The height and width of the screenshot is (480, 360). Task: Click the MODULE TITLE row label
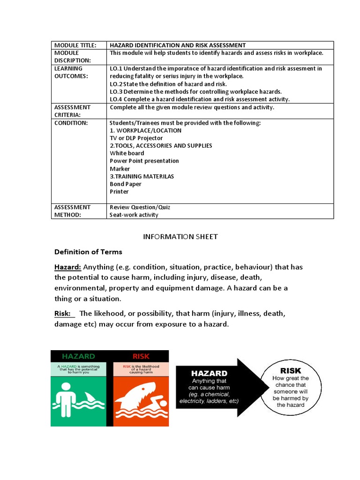75,45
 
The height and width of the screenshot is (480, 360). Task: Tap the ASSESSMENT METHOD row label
73,211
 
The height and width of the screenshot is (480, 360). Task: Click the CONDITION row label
71,123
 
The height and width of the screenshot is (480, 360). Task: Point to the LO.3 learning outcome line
195,91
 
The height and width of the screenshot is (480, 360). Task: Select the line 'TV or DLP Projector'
136,138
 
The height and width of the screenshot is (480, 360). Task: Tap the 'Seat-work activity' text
134,215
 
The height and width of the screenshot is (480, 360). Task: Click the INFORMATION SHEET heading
180,237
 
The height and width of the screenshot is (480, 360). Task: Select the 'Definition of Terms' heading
88,252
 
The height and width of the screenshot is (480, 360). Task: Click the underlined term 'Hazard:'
68,267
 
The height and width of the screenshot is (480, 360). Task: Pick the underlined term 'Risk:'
63,313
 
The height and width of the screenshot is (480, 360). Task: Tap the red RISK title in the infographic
141,356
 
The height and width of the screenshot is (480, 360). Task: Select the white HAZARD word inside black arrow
209,374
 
